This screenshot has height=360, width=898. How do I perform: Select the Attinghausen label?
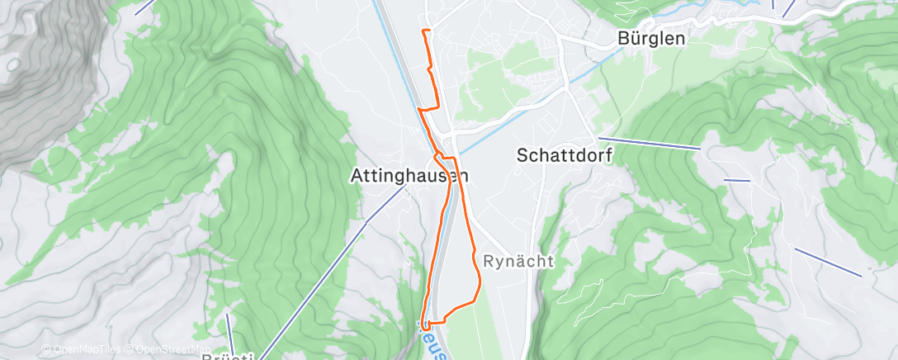(x=409, y=175)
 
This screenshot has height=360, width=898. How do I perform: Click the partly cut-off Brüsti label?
(x=228, y=356)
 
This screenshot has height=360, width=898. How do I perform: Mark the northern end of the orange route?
(x=423, y=31)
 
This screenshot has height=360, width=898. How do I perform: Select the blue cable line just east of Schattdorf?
(x=649, y=144)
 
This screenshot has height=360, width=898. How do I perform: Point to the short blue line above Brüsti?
(x=229, y=325)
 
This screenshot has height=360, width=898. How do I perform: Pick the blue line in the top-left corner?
(x=144, y=7)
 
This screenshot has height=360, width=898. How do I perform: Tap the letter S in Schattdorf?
(x=522, y=154)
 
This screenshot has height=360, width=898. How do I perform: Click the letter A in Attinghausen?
(x=357, y=175)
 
